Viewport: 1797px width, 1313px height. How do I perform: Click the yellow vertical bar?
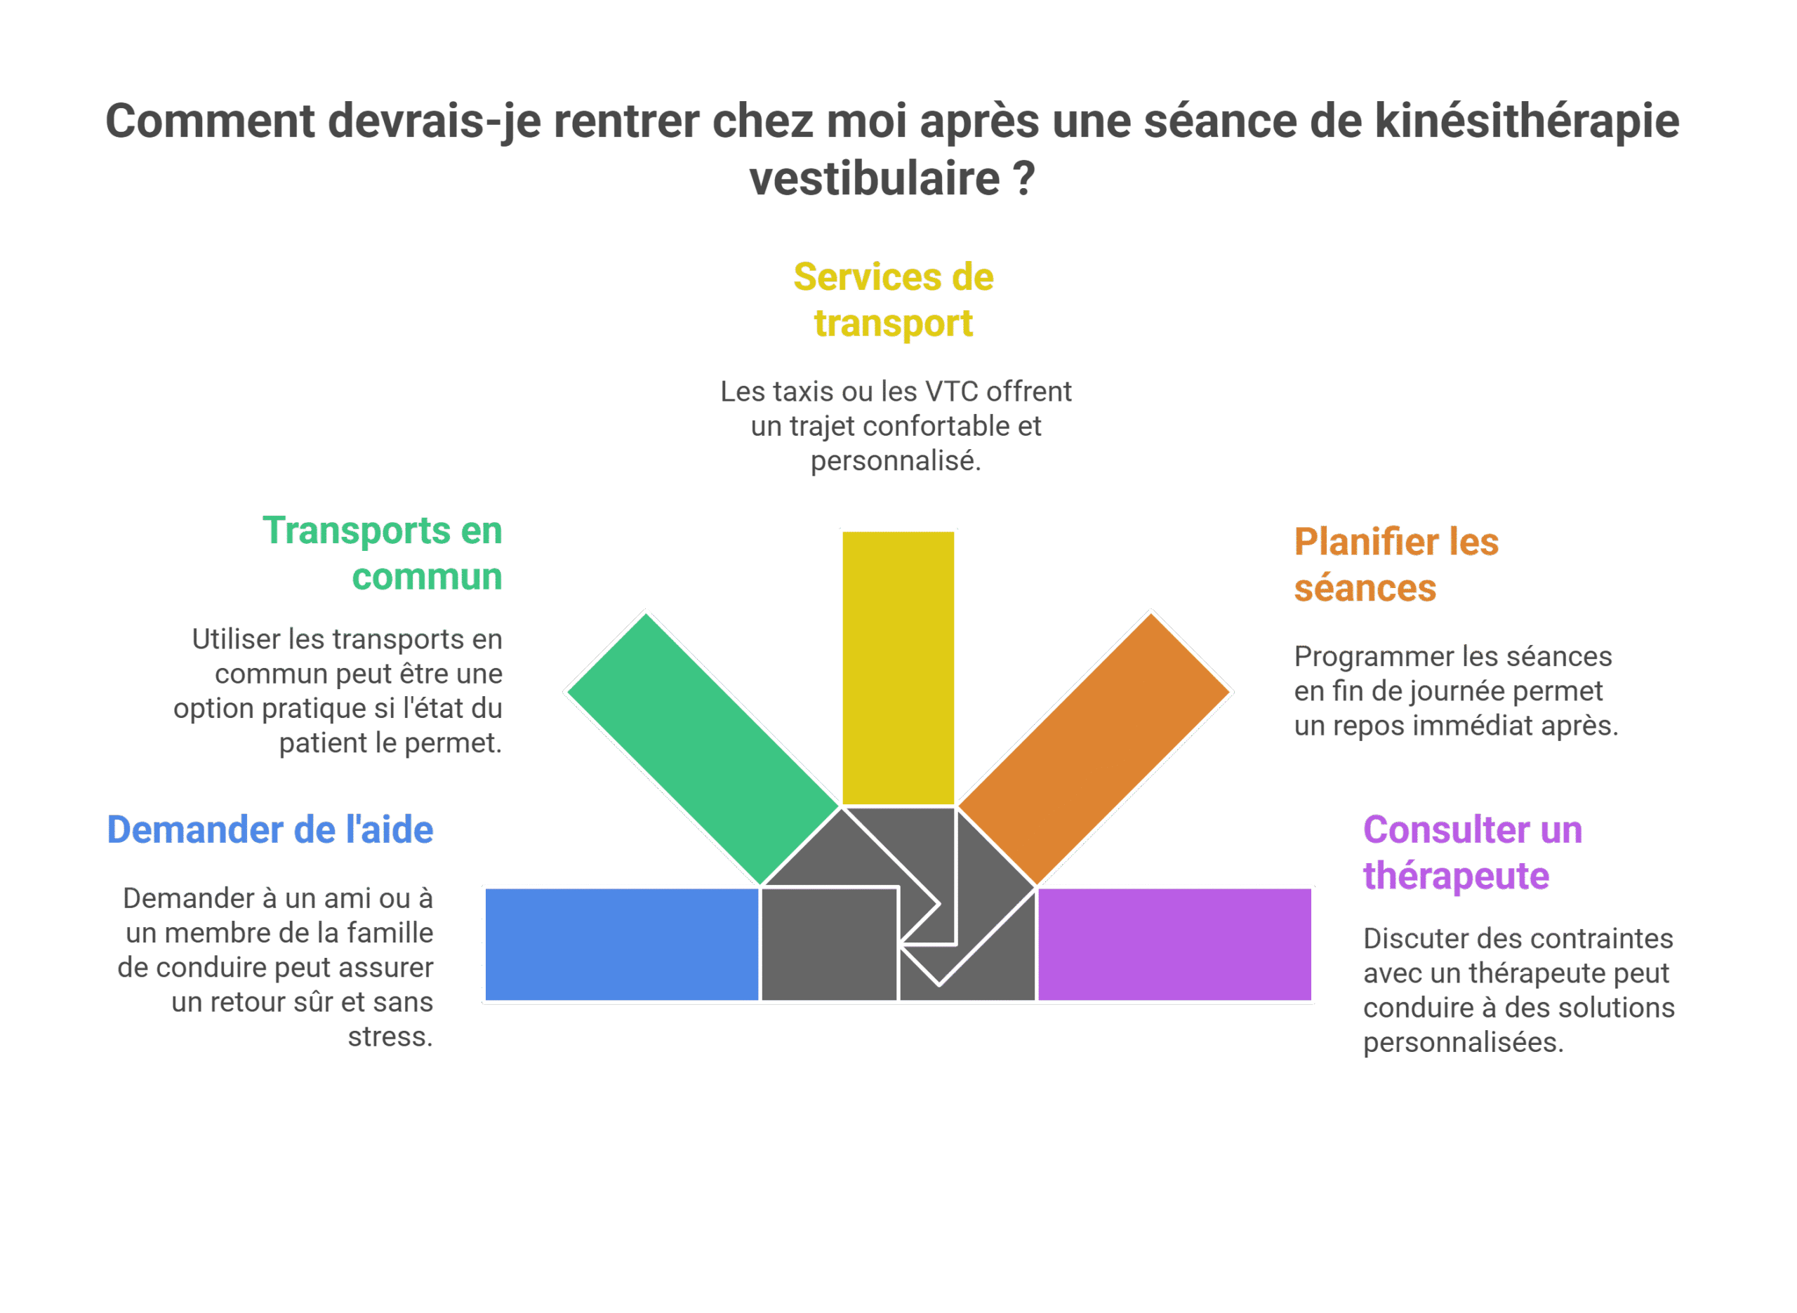(898, 668)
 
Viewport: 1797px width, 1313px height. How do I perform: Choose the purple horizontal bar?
(1174, 944)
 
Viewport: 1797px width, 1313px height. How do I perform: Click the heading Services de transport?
(894, 300)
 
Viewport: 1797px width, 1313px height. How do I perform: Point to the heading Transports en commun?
(383, 553)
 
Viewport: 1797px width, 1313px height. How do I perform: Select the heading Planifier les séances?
(1396, 564)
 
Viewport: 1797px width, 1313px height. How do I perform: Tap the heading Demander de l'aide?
(270, 829)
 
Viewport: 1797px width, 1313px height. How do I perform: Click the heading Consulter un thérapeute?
(1473, 853)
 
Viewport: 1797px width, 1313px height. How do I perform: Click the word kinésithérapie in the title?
(1527, 121)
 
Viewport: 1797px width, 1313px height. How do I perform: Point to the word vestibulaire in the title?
(874, 178)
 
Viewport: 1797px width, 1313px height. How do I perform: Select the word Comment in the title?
(211, 121)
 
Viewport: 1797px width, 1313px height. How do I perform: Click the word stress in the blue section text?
(387, 1037)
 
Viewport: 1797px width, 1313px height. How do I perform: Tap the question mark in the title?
(1024, 178)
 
